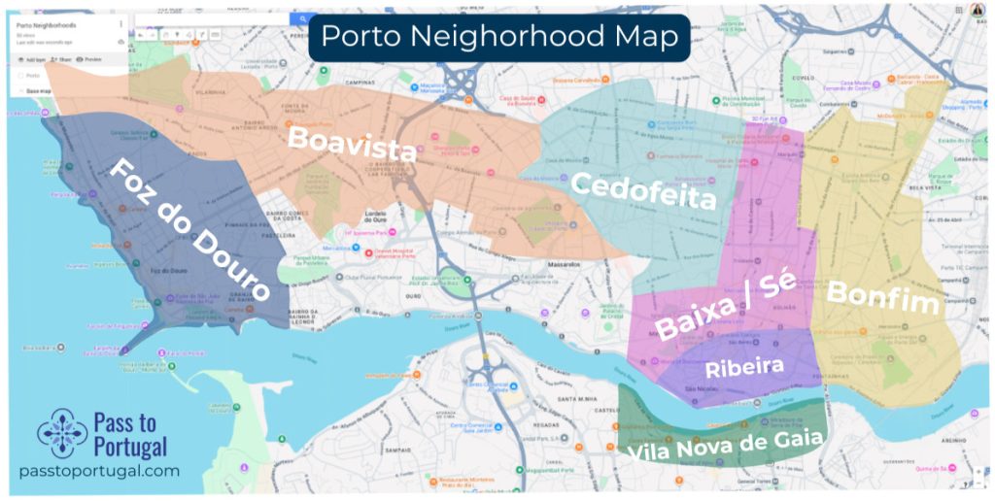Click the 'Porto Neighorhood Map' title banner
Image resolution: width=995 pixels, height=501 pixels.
click(x=499, y=37)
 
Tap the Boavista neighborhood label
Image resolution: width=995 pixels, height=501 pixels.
click(x=353, y=145)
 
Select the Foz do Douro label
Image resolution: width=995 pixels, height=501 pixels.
click(x=189, y=230)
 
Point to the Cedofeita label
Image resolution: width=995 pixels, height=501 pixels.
click(x=643, y=190)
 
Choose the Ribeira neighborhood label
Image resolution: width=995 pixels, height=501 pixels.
click(x=758, y=367)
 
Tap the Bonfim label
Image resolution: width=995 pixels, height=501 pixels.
click(x=882, y=297)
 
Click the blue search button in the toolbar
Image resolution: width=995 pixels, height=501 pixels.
click(x=303, y=18)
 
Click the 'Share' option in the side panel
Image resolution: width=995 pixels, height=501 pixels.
click(x=62, y=59)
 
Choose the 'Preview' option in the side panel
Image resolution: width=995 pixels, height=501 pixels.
click(x=91, y=59)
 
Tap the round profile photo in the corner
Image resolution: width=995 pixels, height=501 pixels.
click(x=978, y=10)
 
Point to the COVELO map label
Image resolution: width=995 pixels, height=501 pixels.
click(x=802, y=77)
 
